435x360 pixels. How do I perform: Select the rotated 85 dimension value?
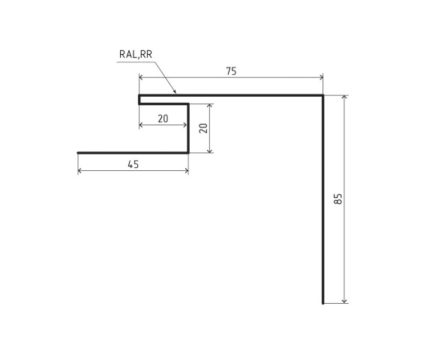point(338,199)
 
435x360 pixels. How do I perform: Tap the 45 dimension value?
point(133,164)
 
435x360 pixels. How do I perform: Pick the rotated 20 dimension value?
point(202,127)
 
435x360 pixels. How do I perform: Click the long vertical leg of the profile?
point(322,202)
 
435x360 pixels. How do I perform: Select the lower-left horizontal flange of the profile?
point(131,152)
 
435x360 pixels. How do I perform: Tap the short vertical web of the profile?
point(187,127)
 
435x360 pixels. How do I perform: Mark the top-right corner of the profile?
point(322,96)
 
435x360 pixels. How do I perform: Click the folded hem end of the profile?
point(139,99)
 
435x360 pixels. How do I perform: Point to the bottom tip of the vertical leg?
point(322,302)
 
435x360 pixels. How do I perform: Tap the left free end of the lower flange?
point(78,152)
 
